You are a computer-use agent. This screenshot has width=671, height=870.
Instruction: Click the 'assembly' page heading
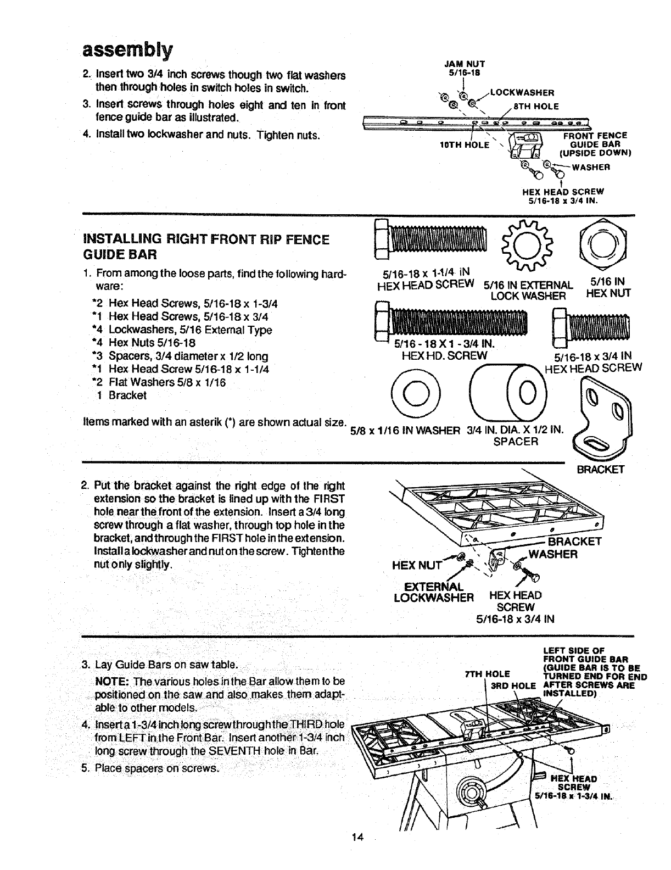coord(127,50)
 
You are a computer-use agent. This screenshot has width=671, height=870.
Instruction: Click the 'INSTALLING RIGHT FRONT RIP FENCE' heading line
coord(205,239)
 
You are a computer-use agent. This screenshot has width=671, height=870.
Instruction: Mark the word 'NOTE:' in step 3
coord(112,681)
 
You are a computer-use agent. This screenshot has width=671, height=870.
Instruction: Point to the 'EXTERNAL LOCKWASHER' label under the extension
coord(434,591)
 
